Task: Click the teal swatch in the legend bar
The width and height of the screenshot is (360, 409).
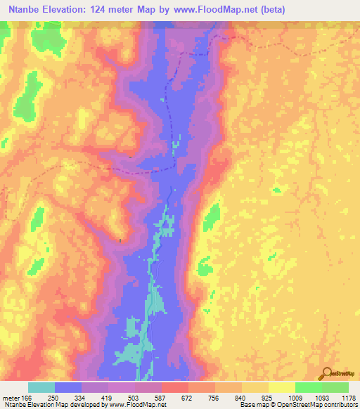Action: click(x=41, y=387)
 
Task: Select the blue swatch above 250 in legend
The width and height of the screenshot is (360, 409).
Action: click(x=68, y=387)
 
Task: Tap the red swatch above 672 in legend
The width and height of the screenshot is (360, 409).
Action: click(x=175, y=387)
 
